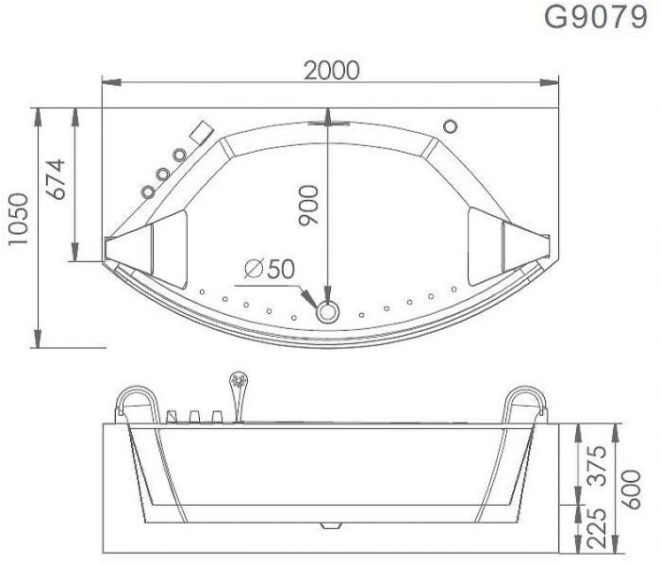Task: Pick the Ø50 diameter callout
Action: point(265,269)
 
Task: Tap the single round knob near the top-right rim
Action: point(449,125)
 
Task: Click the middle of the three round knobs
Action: point(163,174)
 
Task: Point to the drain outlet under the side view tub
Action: point(329,523)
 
